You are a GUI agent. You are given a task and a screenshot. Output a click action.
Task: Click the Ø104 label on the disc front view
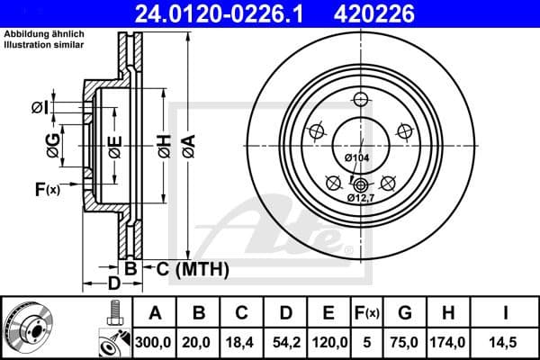click(357, 158)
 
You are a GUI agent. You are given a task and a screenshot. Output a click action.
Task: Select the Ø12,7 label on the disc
click(361, 198)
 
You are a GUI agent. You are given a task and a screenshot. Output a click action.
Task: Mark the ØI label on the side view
click(39, 107)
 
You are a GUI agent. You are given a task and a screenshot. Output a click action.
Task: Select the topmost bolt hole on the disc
click(360, 100)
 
